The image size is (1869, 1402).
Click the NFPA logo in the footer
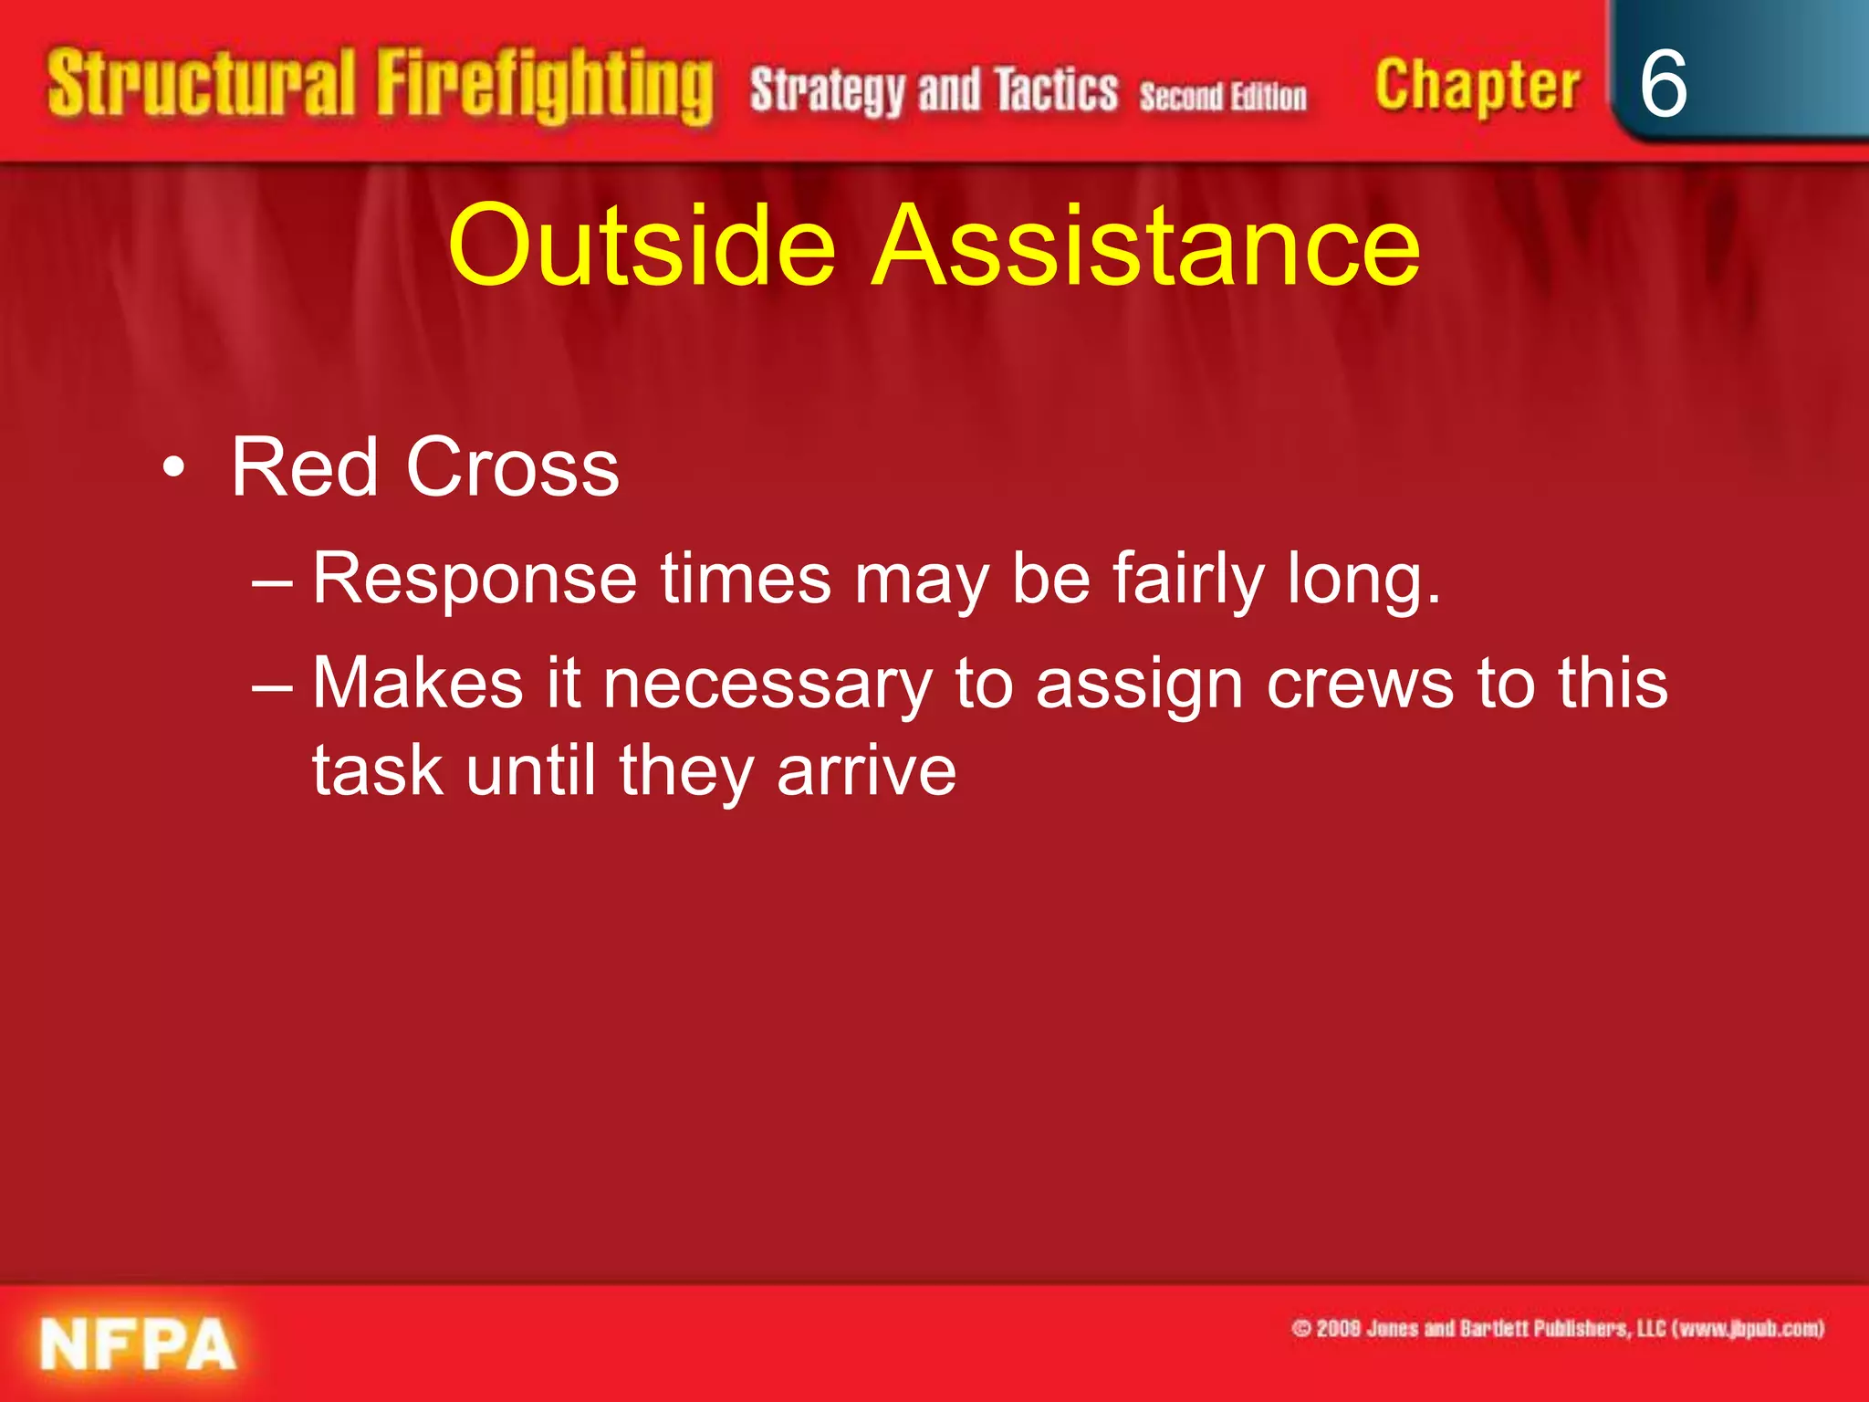tap(138, 1344)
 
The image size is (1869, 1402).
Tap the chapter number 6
tap(1663, 84)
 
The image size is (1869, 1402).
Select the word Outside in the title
tap(642, 245)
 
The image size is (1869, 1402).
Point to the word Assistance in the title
tap(1146, 245)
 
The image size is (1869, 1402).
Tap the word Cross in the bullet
tap(512, 467)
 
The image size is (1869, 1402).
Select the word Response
tap(475, 579)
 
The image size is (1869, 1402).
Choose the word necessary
tap(767, 685)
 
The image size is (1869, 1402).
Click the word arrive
tap(866, 771)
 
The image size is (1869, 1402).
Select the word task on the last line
tap(378, 771)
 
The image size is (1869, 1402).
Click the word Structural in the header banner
tap(201, 84)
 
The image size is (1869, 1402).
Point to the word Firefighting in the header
tap(545, 87)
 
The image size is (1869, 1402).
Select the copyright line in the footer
tap(1557, 1328)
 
